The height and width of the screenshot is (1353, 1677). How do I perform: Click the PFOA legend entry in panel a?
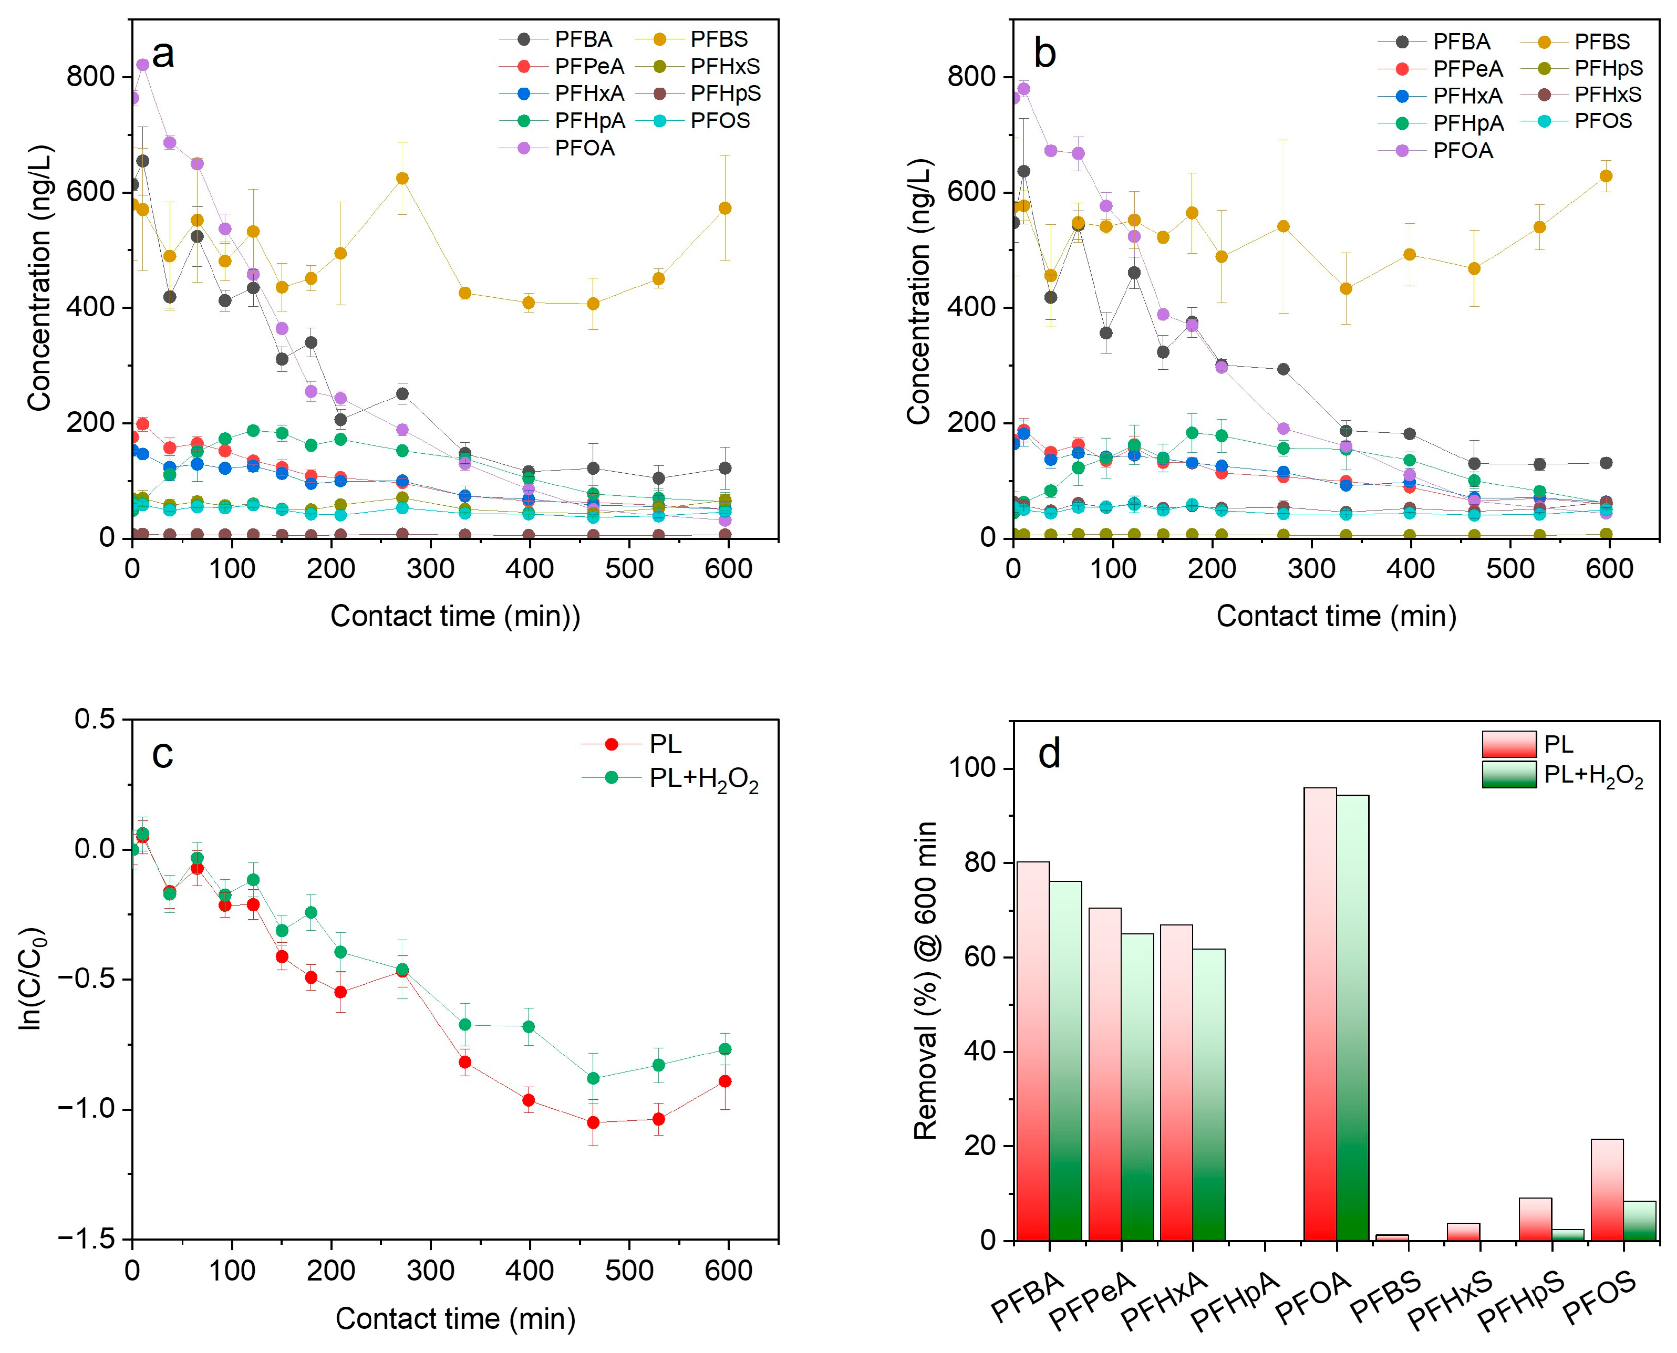point(584,148)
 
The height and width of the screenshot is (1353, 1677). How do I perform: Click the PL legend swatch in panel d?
point(1508,744)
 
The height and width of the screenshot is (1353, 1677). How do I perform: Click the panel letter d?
point(1049,754)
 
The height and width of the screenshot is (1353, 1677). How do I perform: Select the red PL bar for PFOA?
point(1320,1013)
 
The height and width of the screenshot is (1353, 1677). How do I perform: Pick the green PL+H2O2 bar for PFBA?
point(1065,1060)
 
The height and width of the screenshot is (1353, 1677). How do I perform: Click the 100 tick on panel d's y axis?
point(973,768)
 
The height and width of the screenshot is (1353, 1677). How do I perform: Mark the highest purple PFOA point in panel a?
point(143,65)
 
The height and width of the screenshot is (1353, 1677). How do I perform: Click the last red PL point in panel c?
point(725,1081)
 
